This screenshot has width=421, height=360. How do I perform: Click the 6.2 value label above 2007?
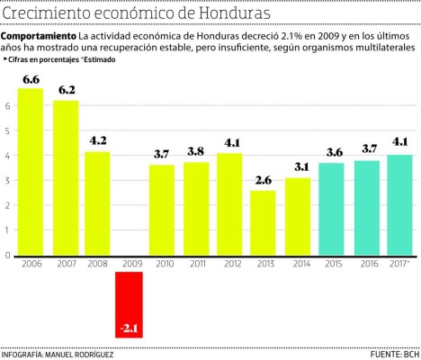pos(66,90)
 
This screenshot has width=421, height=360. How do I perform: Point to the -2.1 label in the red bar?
pos(130,328)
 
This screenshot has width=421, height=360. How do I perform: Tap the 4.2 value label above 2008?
pos(98,140)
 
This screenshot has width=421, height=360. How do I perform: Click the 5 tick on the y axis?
pos(7,130)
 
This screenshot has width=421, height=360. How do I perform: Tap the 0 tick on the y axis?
pos(7,255)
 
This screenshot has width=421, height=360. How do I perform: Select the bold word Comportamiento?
pos(38,35)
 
